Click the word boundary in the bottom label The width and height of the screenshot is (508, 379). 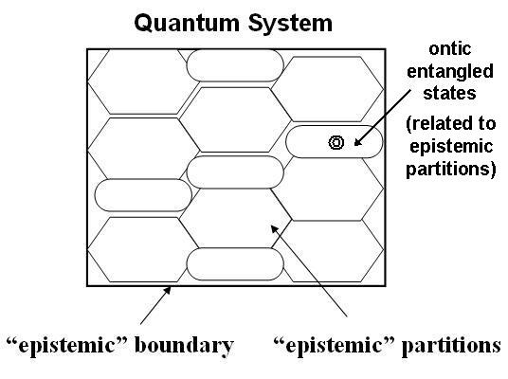[x=186, y=346]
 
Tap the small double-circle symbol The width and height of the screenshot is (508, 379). [x=336, y=143]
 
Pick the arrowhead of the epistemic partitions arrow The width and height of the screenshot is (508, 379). [x=272, y=226]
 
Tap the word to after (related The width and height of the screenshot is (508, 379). [x=479, y=125]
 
